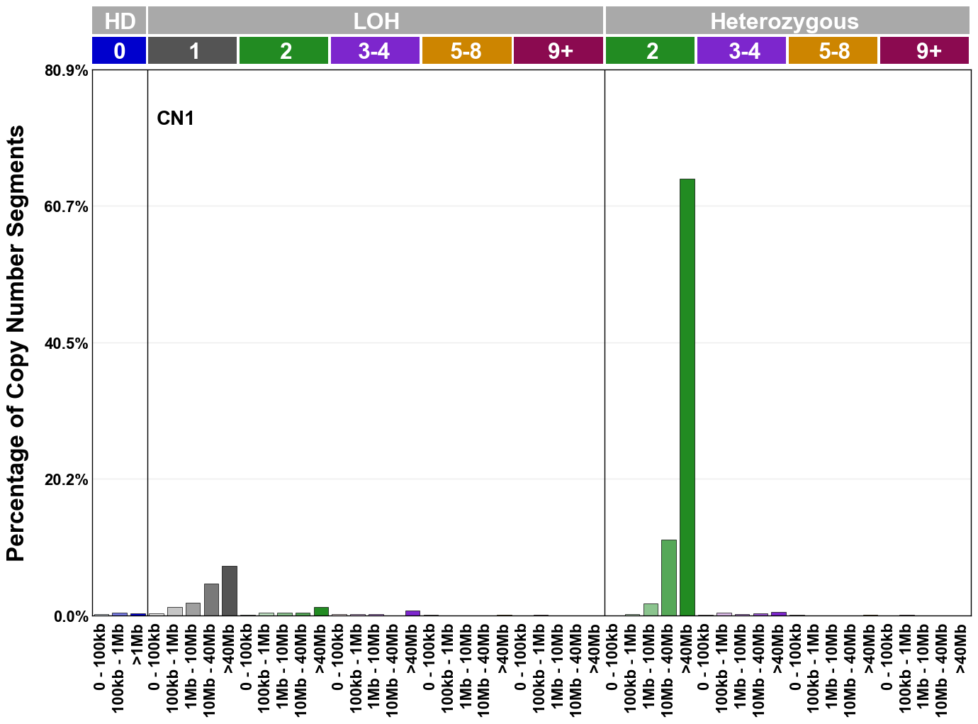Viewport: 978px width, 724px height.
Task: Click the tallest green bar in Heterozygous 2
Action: pyautogui.click(x=687, y=397)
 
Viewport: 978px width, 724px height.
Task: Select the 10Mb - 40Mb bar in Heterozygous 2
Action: pyautogui.click(x=668, y=578)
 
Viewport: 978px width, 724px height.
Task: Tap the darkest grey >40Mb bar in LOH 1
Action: pyautogui.click(x=229, y=591)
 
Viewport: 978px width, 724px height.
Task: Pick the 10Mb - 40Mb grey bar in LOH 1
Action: pyautogui.click(x=211, y=600)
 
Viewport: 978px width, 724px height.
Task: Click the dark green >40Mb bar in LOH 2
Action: pyautogui.click(x=321, y=611)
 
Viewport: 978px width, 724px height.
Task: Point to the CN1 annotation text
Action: pyautogui.click(x=175, y=118)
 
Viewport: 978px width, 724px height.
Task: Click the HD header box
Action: pyautogui.click(x=119, y=21)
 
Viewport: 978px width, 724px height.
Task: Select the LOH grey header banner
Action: pyautogui.click(x=376, y=21)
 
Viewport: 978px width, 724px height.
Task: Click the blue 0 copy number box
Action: pyautogui.click(x=119, y=51)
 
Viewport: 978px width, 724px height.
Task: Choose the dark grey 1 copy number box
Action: pyautogui.click(x=193, y=51)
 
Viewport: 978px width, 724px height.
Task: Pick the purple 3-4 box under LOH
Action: pyautogui.click(x=375, y=51)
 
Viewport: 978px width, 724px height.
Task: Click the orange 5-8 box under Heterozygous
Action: pyautogui.click(x=833, y=51)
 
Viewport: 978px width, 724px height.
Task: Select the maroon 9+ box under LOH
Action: pyautogui.click(x=558, y=51)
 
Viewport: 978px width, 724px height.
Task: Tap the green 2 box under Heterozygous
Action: pyautogui.click(x=650, y=51)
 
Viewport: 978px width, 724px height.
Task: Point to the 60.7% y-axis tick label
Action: pyautogui.click(x=67, y=207)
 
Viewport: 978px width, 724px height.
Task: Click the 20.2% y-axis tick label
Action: pyautogui.click(x=67, y=480)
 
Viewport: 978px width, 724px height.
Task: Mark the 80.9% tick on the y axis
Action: pyautogui.click(x=67, y=71)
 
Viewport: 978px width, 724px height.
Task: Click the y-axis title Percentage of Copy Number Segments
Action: pyautogui.click(x=16, y=343)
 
